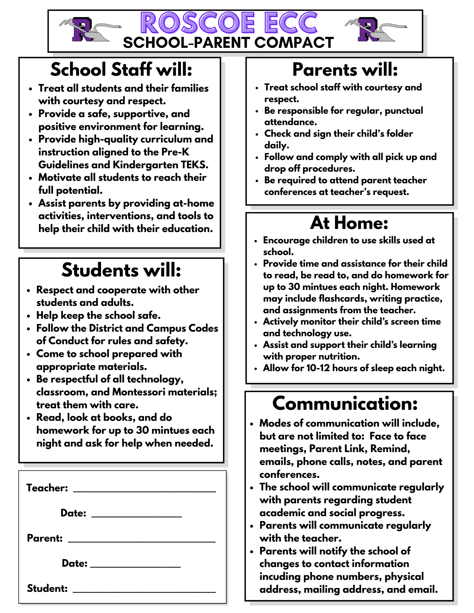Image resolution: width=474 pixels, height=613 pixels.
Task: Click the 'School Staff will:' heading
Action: pyautogui.click(x=121, y=70)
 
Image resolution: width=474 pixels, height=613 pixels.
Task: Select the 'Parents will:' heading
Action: pyautogui.click(x=345, y=70)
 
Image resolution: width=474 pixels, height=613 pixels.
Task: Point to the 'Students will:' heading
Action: pyautogui.click(x=121, y=270)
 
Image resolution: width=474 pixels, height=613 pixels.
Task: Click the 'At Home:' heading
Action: pyautogui.click(x=349, y=223)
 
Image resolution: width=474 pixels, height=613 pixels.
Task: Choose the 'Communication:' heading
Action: pyautogui.click(x=345, y=403)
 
